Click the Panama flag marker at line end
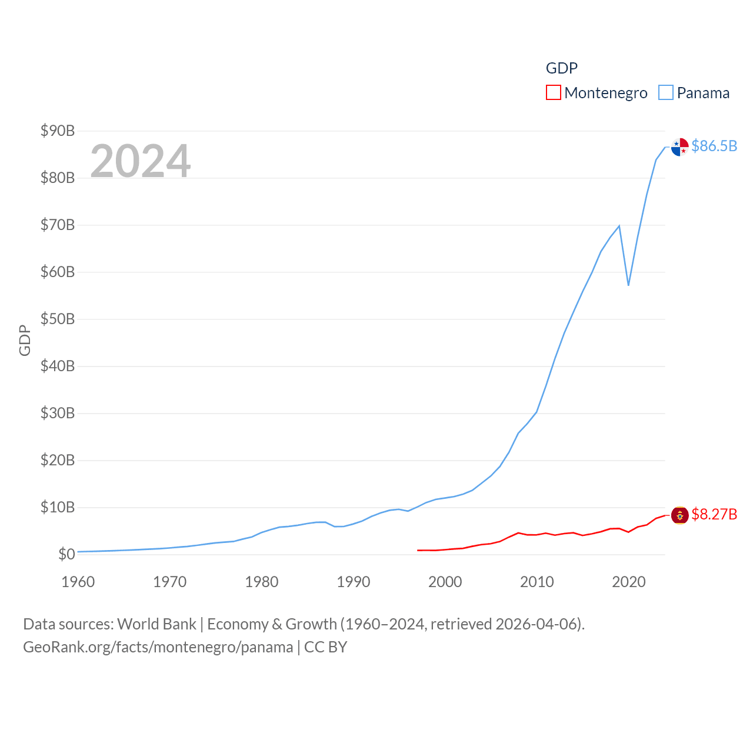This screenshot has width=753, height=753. coord(679,147)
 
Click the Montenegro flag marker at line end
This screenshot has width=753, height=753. coord(679,515)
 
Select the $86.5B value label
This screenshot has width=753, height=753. coord(714,146)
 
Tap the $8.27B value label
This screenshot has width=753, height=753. coord(714,514)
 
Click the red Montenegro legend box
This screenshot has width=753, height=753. coord(553,93)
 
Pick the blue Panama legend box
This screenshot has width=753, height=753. coord(665,93)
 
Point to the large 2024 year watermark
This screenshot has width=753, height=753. coord(141,161)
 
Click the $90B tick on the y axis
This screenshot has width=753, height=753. coord(58,131)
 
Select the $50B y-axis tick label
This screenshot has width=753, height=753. coord(58,319)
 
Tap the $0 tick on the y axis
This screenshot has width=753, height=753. coord(66,554)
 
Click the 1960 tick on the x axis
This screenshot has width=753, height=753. coord(78,582)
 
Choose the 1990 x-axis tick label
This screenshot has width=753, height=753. coord(354,582)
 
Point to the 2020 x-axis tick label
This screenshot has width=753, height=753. coord(629,582)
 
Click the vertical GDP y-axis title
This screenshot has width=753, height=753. coord(25,340)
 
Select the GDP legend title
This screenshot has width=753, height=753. coord(562,68)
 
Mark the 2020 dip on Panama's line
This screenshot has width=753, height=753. coord(628,285)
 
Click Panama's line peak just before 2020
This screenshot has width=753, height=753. coord(619,226)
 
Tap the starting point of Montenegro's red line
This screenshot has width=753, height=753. coord(418,550)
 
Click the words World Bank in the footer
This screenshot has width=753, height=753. coord(156,624)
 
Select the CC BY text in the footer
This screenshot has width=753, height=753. coord(325,647)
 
